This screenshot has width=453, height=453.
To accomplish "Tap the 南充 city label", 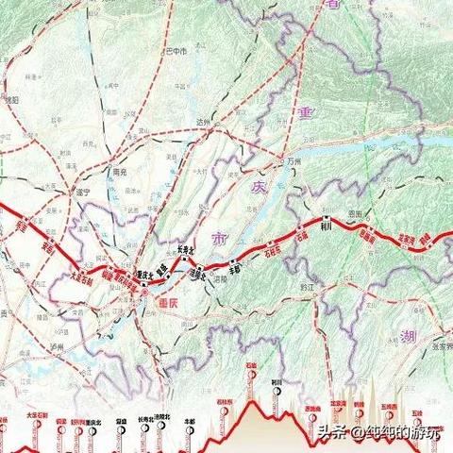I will pos(119,174).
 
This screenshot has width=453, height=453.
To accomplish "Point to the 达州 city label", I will pos(202,122).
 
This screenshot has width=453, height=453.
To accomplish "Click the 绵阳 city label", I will pos(11,98).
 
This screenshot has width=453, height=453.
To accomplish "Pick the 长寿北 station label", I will pos(185,250).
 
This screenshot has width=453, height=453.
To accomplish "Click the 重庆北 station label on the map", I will pos(144,273).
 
